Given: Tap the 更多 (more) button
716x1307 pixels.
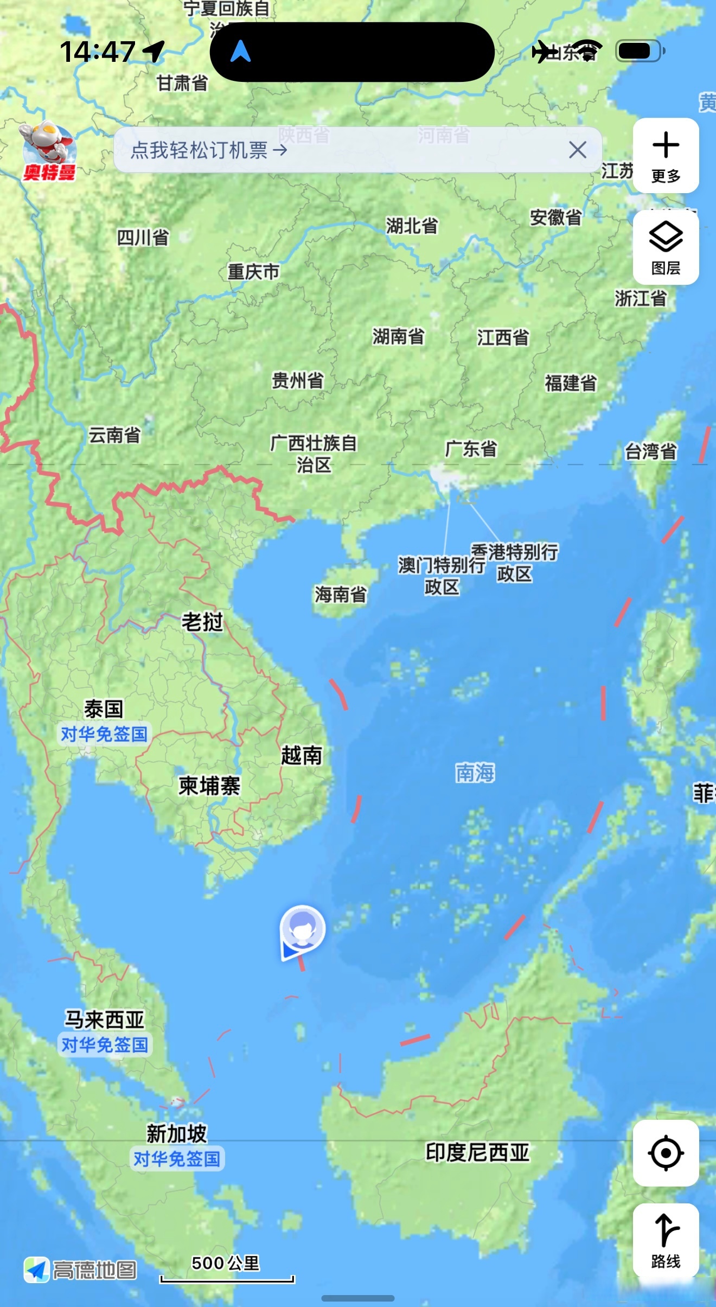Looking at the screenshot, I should [666, 156].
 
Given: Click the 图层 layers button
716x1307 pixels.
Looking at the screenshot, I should [666, 247].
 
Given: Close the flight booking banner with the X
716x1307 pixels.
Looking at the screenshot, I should [578, 150].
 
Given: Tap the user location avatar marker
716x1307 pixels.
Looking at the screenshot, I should [302, 929].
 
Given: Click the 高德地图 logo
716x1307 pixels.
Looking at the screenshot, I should [80, 1270].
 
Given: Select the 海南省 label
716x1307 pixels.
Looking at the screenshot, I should [341, 595].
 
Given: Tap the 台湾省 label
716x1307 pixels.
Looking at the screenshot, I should [650, 451].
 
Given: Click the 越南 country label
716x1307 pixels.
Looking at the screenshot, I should [302, 755].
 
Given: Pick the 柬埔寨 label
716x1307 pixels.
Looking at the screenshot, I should [209, 786].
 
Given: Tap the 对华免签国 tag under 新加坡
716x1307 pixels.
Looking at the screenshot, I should [177, 1159].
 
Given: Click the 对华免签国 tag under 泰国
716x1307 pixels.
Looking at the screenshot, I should [104, 734].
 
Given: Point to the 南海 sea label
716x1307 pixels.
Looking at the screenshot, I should [475, 773].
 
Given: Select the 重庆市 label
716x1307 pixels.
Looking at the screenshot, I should [253, 271].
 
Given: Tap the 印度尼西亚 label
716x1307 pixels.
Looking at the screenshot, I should [477, 1152].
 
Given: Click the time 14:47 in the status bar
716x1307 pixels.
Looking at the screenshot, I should [98, 52].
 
